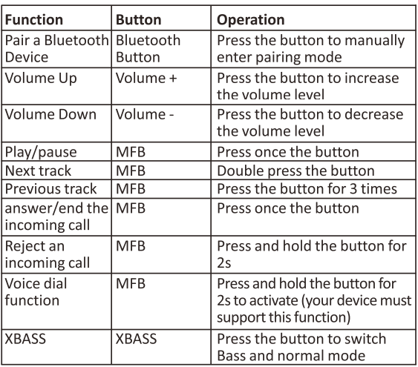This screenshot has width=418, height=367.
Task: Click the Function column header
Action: click(34, 20)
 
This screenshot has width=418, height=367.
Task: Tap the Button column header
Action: click(139, 20)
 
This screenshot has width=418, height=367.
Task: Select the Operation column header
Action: click(251, 20)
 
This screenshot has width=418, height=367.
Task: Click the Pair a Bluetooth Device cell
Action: click(56, 49)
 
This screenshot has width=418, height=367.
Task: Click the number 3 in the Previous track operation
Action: click(353, 189)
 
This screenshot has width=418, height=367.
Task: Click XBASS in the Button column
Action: click(136, 339)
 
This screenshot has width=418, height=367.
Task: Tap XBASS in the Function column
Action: click(25, 339)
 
